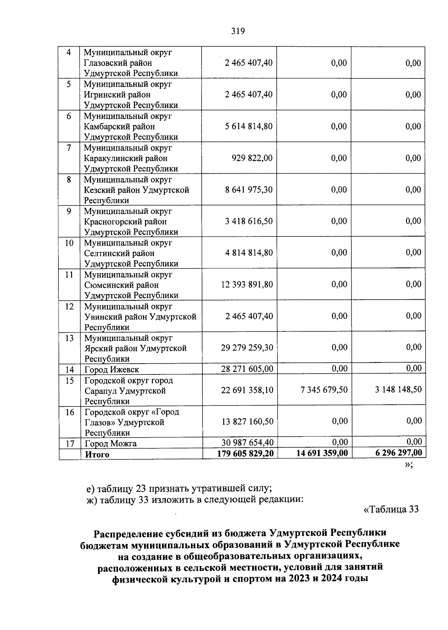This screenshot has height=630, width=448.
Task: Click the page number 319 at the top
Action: [238, 31]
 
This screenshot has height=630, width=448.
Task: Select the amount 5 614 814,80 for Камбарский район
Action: [248, 126]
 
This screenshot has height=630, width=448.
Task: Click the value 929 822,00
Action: [252, 158]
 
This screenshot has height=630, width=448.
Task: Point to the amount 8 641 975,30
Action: [248, 189]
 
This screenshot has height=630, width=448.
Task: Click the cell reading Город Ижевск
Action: [112, 370]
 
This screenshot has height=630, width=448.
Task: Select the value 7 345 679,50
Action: [324, 390]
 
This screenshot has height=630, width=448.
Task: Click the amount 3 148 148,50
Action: [398, 389]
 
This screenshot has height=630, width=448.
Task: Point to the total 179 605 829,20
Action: [245, 454]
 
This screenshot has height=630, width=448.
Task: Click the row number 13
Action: [69, 338]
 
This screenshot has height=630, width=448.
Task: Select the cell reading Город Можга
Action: [111, 444]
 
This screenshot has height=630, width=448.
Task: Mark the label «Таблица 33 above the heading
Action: [391, 509]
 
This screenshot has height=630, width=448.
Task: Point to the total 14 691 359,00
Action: [322, 453]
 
